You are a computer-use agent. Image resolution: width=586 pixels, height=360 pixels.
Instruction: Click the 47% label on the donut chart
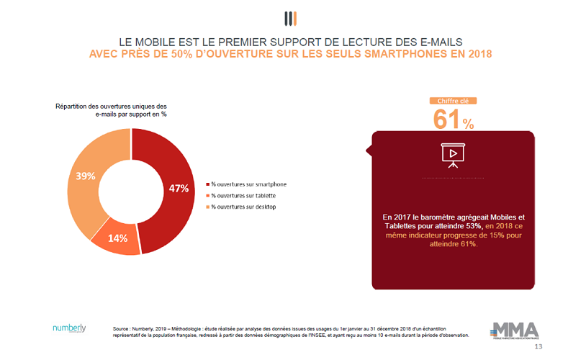tap(179, 189)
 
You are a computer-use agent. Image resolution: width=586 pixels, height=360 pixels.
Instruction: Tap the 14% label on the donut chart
tap(118, 238)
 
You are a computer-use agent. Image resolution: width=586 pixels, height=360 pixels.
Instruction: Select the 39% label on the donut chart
tap(85, 176)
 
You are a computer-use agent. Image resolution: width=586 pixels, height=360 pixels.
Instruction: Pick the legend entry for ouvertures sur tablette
tap(243, 196)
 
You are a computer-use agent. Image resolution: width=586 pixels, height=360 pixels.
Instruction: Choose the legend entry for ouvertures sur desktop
tap(243, 207)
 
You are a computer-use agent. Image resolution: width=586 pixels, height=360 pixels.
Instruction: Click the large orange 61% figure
tap(453, 120)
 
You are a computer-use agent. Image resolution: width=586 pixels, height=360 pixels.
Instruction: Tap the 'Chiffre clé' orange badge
tap(453, 102)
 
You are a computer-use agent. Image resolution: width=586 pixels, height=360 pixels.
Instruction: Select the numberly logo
tap(69, 328)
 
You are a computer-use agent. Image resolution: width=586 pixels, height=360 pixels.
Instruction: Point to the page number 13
tap(538, 347)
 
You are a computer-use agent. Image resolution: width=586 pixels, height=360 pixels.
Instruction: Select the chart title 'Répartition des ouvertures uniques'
tap(111, 107)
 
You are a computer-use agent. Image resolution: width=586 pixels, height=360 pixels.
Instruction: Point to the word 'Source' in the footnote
tap(121, 328)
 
